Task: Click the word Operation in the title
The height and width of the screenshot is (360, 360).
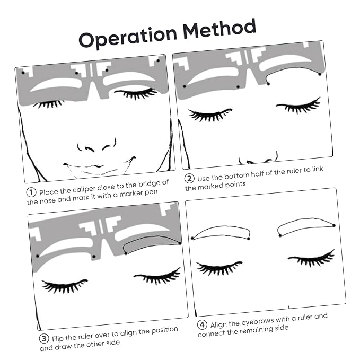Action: [128, 38]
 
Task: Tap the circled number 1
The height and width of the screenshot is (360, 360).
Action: [31, 192]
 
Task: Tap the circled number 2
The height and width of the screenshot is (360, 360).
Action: [189, 178]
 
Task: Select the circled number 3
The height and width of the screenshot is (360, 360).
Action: [44, 338]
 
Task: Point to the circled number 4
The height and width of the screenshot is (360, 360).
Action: [202, 324]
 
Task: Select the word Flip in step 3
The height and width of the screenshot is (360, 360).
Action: [57, 339]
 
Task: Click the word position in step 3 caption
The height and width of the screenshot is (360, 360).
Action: [164, 330]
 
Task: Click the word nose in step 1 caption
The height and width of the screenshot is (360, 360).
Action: [49, 200]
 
